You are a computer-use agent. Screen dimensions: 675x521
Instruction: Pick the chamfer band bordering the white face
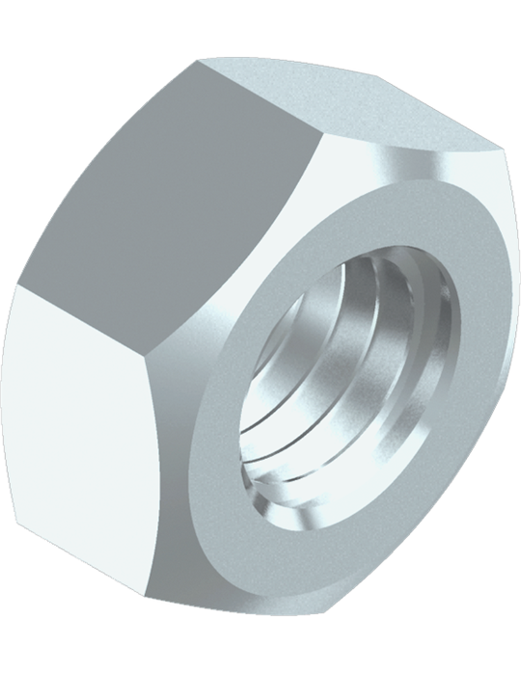pyautogui.click(x=183, y=482)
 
